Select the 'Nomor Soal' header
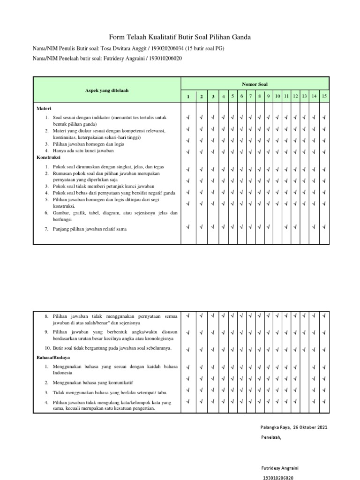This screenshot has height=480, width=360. click(255, 84)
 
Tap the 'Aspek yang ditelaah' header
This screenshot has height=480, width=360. click(107, 90)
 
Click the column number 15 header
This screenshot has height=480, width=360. click(324, 96)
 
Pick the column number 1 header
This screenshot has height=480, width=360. click(188, 97)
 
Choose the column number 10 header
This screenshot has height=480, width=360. click(277, 96)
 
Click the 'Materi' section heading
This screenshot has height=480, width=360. click(44, 108)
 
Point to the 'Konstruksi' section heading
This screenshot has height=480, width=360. click(49, 158)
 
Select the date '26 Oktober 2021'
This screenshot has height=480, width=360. click(311, 427)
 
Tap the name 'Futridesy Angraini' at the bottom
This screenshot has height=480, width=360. click(280, 468)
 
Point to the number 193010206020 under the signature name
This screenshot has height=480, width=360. click(278, 477)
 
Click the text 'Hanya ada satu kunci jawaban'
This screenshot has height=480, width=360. click(83, 151)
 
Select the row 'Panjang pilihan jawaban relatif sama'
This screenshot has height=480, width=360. click(90, 229)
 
